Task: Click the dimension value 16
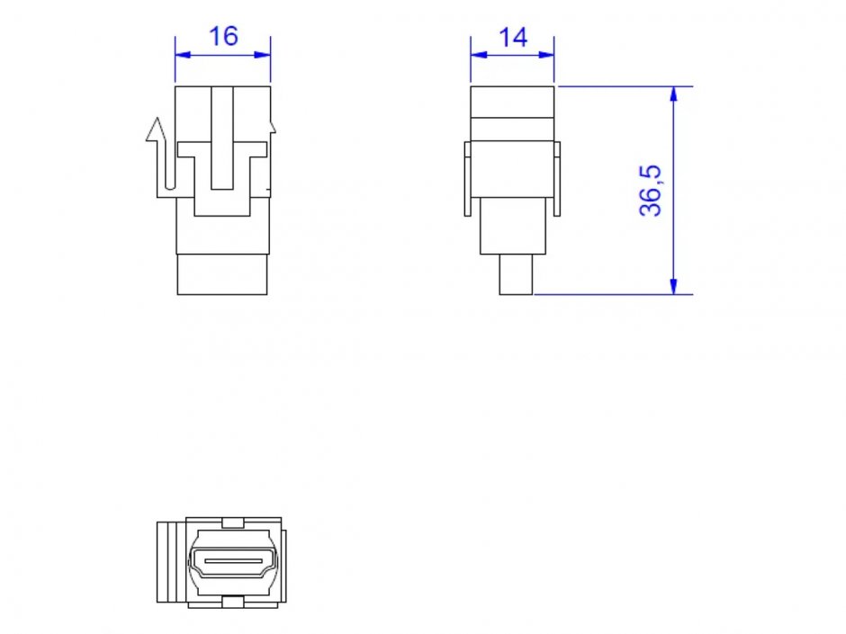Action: coord(223,36)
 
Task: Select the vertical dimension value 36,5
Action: coord(651,190)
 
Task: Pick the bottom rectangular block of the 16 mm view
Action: coord(222,274)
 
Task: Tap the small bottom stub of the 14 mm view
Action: coord(517,274)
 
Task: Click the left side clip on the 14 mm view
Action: coord(468,179)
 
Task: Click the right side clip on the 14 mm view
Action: coord(557,179)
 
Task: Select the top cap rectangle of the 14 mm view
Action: coord(512,101)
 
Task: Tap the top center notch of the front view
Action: coord(232,522)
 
